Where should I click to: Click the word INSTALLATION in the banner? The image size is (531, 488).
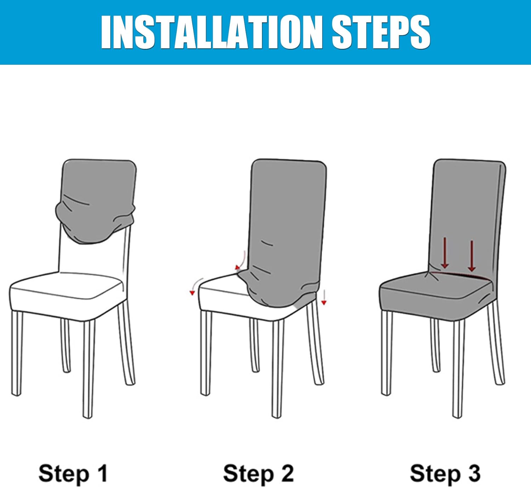pyautogui.click(x=211, y=32)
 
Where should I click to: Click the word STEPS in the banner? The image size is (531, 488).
pyautogui.click(x=381, y=32)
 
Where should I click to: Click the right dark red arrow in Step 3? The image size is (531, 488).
pyautogui.click(x=472, y=256)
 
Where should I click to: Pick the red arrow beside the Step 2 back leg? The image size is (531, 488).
pyautogui.click(x=324, y=298)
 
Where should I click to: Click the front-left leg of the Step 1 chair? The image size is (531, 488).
pyautogui.click(x=17, y=353)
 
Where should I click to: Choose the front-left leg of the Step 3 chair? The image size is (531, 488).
pyautogui.click(x=387, y=353)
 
